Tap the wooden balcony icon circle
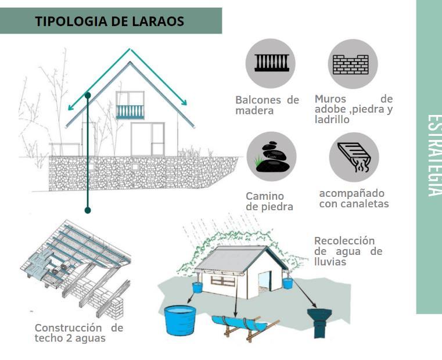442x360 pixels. pos(271,63)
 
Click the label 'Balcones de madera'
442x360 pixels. pos(267,105)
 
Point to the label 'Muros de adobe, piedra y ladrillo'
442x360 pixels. pos(353,109)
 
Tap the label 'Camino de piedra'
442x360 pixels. pos(269,201)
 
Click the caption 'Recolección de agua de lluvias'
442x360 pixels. pos(348,251)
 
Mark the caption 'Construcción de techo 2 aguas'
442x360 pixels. pos(78,333)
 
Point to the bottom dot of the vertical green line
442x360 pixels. pos(88,210)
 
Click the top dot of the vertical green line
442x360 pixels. pos(88,95)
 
